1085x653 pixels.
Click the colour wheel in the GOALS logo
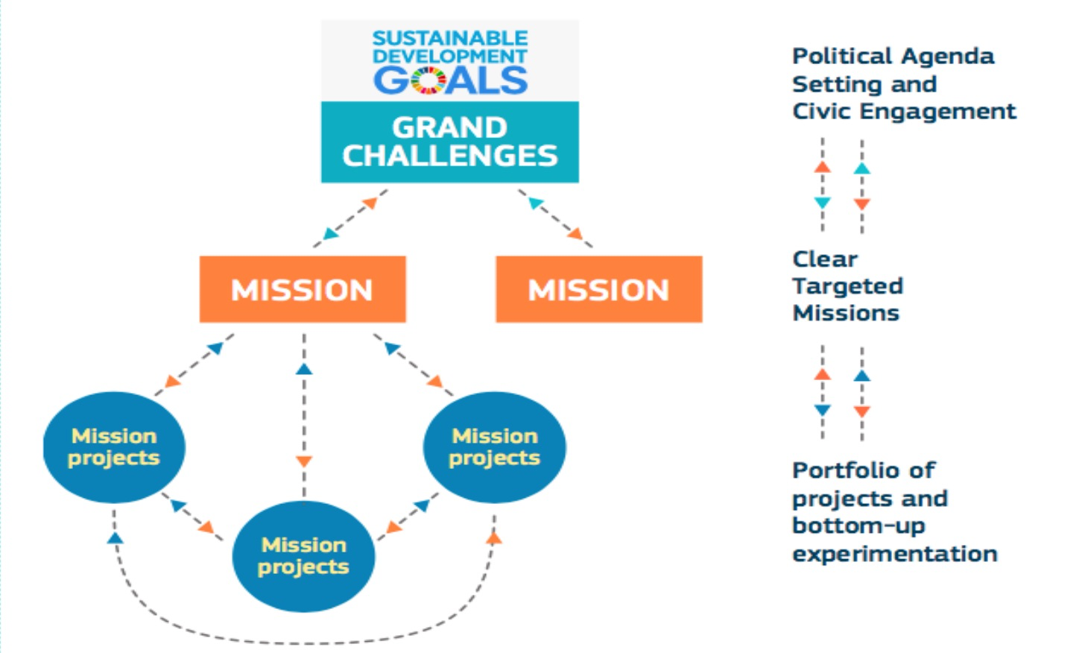[428, 81]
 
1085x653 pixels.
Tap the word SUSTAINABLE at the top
[450, 38]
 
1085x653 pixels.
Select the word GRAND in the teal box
[450, 128]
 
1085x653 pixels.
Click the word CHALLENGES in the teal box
[450, 156]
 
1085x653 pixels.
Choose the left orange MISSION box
[303, 289]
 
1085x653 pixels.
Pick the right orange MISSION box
[599, 289]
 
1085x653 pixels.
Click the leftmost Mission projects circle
[114, 447]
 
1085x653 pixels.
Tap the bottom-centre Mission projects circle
[304, 556]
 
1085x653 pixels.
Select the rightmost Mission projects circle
[495, 447]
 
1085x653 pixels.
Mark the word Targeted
[848, 286]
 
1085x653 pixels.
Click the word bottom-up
[858, 526]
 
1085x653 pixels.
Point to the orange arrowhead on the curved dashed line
[494, 537]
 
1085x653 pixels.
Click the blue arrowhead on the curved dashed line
[116, 537]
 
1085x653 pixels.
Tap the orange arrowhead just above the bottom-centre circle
[304, 461]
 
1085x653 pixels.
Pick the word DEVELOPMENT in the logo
[450, 56]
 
